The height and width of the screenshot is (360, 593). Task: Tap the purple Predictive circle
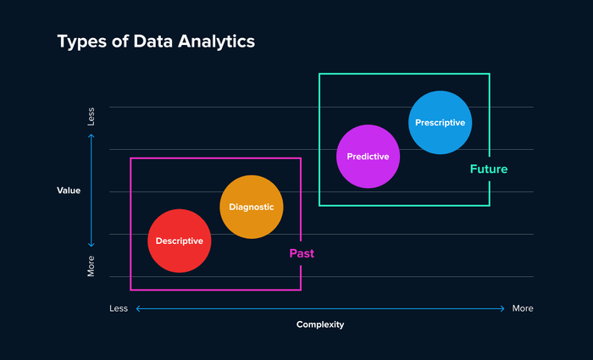[x=368, y=156]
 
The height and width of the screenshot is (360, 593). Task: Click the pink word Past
[x=302, y=253]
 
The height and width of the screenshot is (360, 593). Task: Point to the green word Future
[x=489, y=169]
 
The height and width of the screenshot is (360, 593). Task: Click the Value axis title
[x=69, y=191]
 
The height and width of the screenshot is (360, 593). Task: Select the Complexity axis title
[x=320, y=324]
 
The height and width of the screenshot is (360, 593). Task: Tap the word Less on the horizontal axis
[x=119, y=308]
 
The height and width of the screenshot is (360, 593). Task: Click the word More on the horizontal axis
[x=523, y=308]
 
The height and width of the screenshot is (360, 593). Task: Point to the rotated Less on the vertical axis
[x=91, y=117]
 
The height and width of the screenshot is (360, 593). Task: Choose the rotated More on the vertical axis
[x=91, y=266]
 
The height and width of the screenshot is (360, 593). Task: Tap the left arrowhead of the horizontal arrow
[x=138, y=308]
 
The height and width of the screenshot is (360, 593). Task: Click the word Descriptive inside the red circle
[x=180, y=241]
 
